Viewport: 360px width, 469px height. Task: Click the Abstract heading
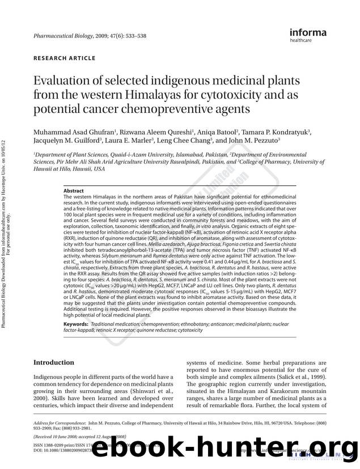point(74,192)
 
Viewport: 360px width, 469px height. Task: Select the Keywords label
point(77,323)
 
